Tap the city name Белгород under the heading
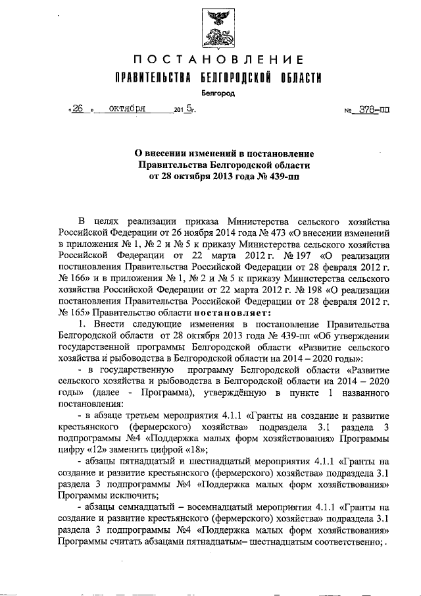217,94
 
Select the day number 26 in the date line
78,109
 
